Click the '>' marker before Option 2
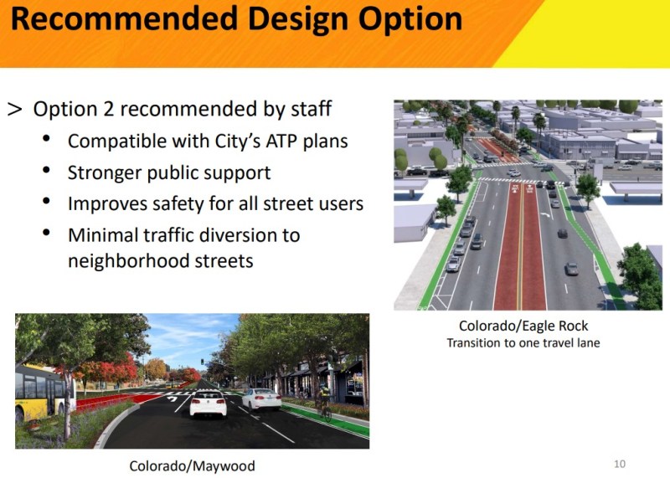pyautogui.click(x=15, y=110)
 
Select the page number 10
pyautogui.click(x=619, y=464)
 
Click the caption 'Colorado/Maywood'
pyautogui.click(x=192, y=465)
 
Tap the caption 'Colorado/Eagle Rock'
pyautogui.click(x=523, y=326)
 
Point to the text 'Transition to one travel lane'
pyautogui.click(x=523, y=343)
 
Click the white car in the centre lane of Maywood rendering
pyautogui.click(x=208, y=403)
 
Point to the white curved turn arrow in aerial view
pyautogui.click(x=549, y=214)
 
